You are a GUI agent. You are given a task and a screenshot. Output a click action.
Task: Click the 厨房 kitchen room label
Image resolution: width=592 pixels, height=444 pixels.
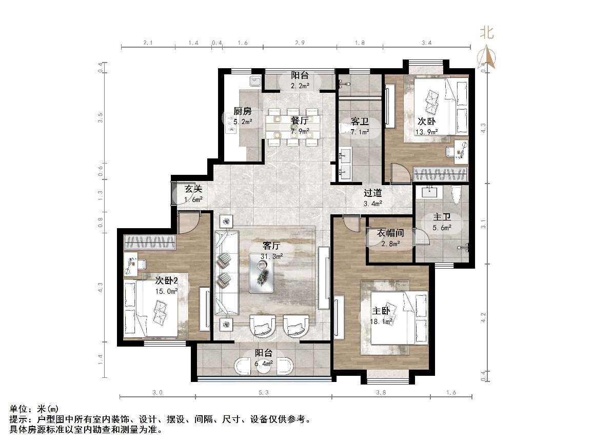pos(243,111)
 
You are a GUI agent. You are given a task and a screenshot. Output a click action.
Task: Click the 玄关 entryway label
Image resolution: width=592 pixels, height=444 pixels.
pos(193,189)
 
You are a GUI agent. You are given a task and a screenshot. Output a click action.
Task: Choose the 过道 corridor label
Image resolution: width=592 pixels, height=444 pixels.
pos(373,193)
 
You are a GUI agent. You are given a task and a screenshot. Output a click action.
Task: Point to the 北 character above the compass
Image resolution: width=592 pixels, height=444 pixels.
pos(486,33)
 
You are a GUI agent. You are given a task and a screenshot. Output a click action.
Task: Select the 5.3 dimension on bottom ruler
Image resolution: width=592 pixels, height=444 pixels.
pos(264,393)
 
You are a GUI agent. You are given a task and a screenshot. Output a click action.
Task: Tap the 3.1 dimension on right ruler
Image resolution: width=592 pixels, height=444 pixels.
pos(483,224)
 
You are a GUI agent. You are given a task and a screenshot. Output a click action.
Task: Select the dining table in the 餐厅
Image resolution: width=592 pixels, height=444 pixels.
pos(292,126)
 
